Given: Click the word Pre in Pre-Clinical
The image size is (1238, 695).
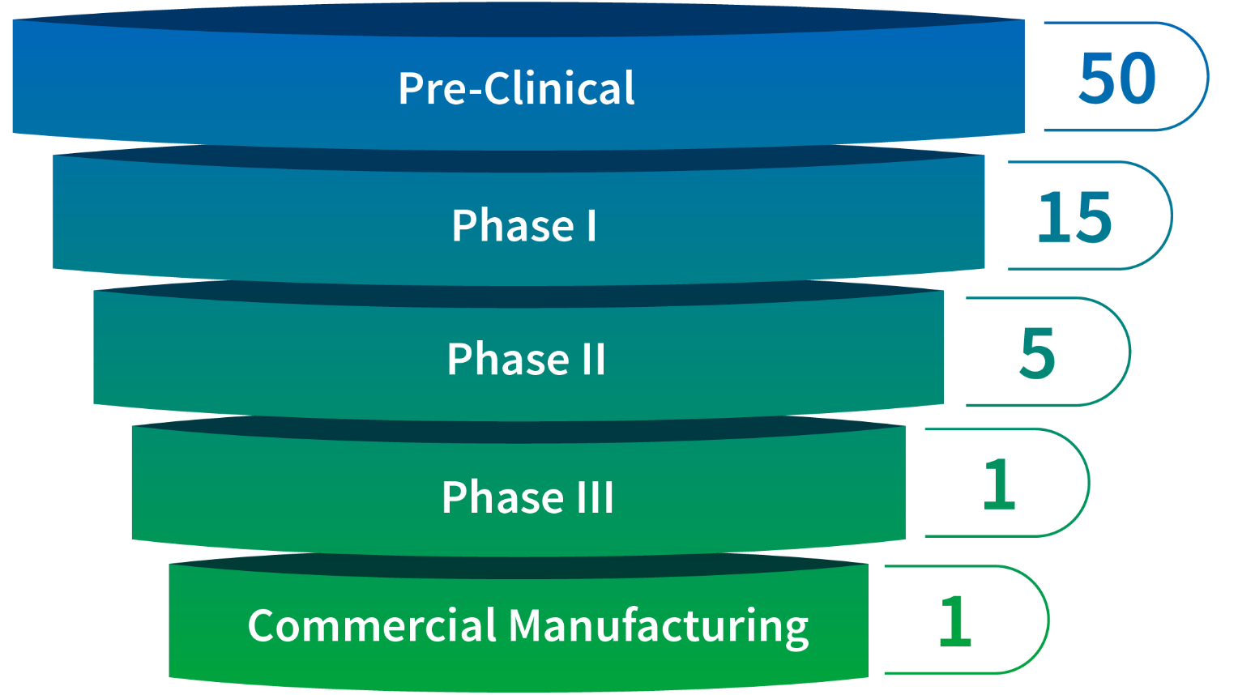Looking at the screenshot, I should [x=431, y=88].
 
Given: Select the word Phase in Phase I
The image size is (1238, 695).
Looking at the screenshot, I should [x=513, y=225].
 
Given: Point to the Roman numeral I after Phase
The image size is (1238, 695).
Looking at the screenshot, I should [x=591, y=225].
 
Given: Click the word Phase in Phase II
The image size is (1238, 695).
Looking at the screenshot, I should [x=508, y=359].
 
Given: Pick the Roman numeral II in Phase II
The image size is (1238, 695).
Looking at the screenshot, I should [x=593, y=359].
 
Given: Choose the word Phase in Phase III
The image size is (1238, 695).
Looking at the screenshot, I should [x=503, y=497].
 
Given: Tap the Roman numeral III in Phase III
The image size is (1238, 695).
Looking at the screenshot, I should [x=596, y=497].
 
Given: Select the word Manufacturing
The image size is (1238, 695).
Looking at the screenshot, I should [x=658, y=625].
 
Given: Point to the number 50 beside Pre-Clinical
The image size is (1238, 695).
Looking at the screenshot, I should [x=1117, y=79].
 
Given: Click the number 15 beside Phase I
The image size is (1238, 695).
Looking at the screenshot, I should [x=1074, y=218].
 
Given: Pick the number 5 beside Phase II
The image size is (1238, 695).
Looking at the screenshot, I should [x=1037, y=354].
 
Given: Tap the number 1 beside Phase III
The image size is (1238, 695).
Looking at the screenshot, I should [x=999, y=484].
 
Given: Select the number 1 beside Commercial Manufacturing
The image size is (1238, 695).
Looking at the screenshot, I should [x=955, y=621].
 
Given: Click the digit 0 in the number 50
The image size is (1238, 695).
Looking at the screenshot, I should [x=1138, y=79].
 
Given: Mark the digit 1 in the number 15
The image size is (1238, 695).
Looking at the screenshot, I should [x=1052, y=218].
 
